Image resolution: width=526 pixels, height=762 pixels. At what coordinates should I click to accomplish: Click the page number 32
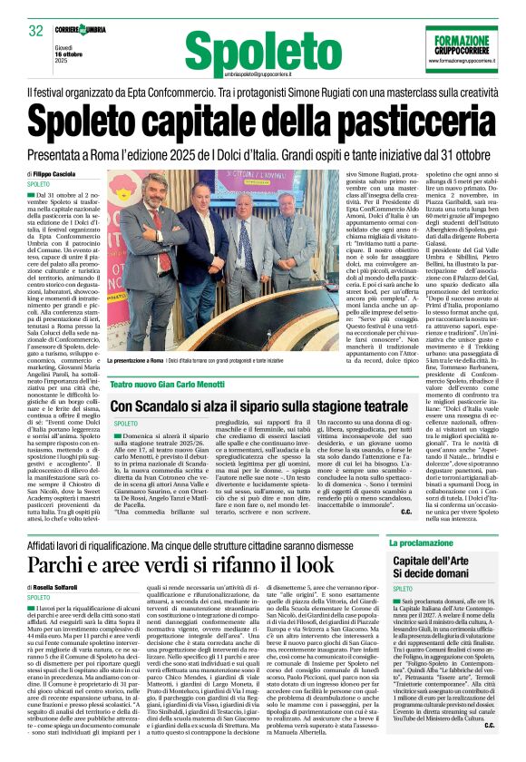point(36,31)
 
